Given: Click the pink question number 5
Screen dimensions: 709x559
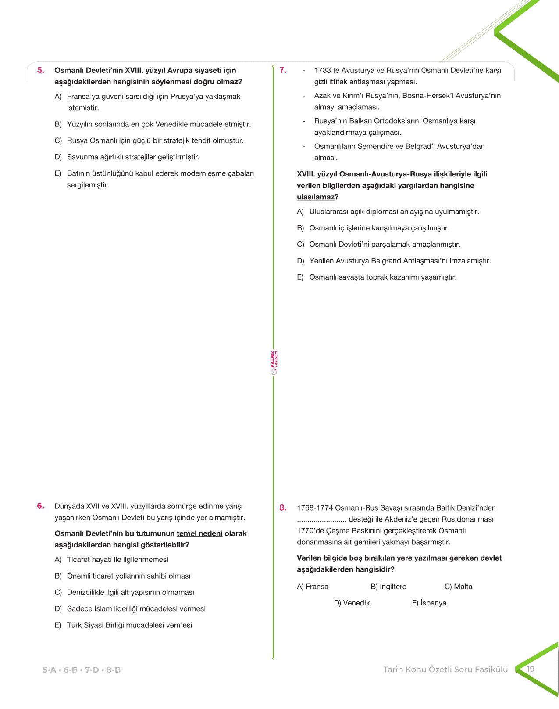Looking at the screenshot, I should [x=40, y=70].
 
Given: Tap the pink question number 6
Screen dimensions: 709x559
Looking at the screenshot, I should [x=40, y=506].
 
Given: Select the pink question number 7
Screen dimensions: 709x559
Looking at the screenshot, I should [x=283, y=70].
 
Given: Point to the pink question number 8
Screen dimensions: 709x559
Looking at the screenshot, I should [x=283, y=508].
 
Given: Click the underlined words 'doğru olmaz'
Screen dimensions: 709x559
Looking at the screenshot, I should [x=216, y=82].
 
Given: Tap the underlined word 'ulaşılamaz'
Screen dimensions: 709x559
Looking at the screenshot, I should [x=316, y=197].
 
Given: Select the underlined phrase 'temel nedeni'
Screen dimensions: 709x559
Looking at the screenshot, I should [x=199, y=534].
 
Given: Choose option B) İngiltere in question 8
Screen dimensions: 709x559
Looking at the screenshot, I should [x=388, y=587].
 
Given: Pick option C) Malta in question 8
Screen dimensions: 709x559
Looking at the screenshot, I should [x=458, y=587].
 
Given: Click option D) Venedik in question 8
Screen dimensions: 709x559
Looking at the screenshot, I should [x=352, y=603].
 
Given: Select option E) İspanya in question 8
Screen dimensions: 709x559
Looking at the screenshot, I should [x=429, y=603].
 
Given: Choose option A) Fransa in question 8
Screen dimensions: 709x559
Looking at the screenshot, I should [x=313, y=587].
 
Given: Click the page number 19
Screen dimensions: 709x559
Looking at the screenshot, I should [x=531, y=669].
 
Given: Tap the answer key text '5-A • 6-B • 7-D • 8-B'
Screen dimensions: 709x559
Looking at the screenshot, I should [x=82, y=670].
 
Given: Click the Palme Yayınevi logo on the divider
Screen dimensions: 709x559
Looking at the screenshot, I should [x=274, y=363].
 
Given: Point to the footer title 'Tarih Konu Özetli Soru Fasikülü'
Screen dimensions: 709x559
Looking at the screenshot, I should [x=445, y=670].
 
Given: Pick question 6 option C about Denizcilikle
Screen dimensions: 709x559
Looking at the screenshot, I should [x=130, y=593].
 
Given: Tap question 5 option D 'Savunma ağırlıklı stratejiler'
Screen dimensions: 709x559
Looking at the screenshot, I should [x=133, y=157].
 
